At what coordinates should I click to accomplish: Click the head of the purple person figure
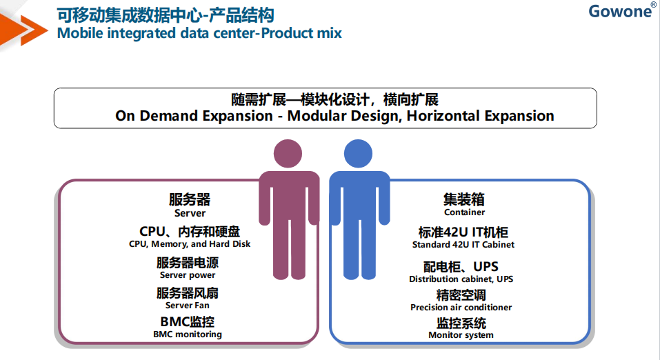point(288,154)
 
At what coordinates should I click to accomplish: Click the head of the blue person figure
point(358,154)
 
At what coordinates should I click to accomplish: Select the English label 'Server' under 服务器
point(190,213)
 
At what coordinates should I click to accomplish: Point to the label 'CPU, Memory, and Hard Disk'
point(190,244)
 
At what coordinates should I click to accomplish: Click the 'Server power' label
point(188,275)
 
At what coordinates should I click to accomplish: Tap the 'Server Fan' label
point(188,306)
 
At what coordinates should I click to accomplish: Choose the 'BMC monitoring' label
point(188,334)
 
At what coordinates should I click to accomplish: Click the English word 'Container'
point(465,212)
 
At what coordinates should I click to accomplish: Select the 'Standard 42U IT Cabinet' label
point(463,245)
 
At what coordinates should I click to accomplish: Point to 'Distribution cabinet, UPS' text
point(461,279)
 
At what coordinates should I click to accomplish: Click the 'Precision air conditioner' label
point(461,308)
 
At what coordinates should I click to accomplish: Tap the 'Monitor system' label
point(461,335)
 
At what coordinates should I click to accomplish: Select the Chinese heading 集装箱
point(464,199)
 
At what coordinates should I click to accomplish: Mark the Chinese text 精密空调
point(461,294)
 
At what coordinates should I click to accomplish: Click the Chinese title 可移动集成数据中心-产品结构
point(166,16)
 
